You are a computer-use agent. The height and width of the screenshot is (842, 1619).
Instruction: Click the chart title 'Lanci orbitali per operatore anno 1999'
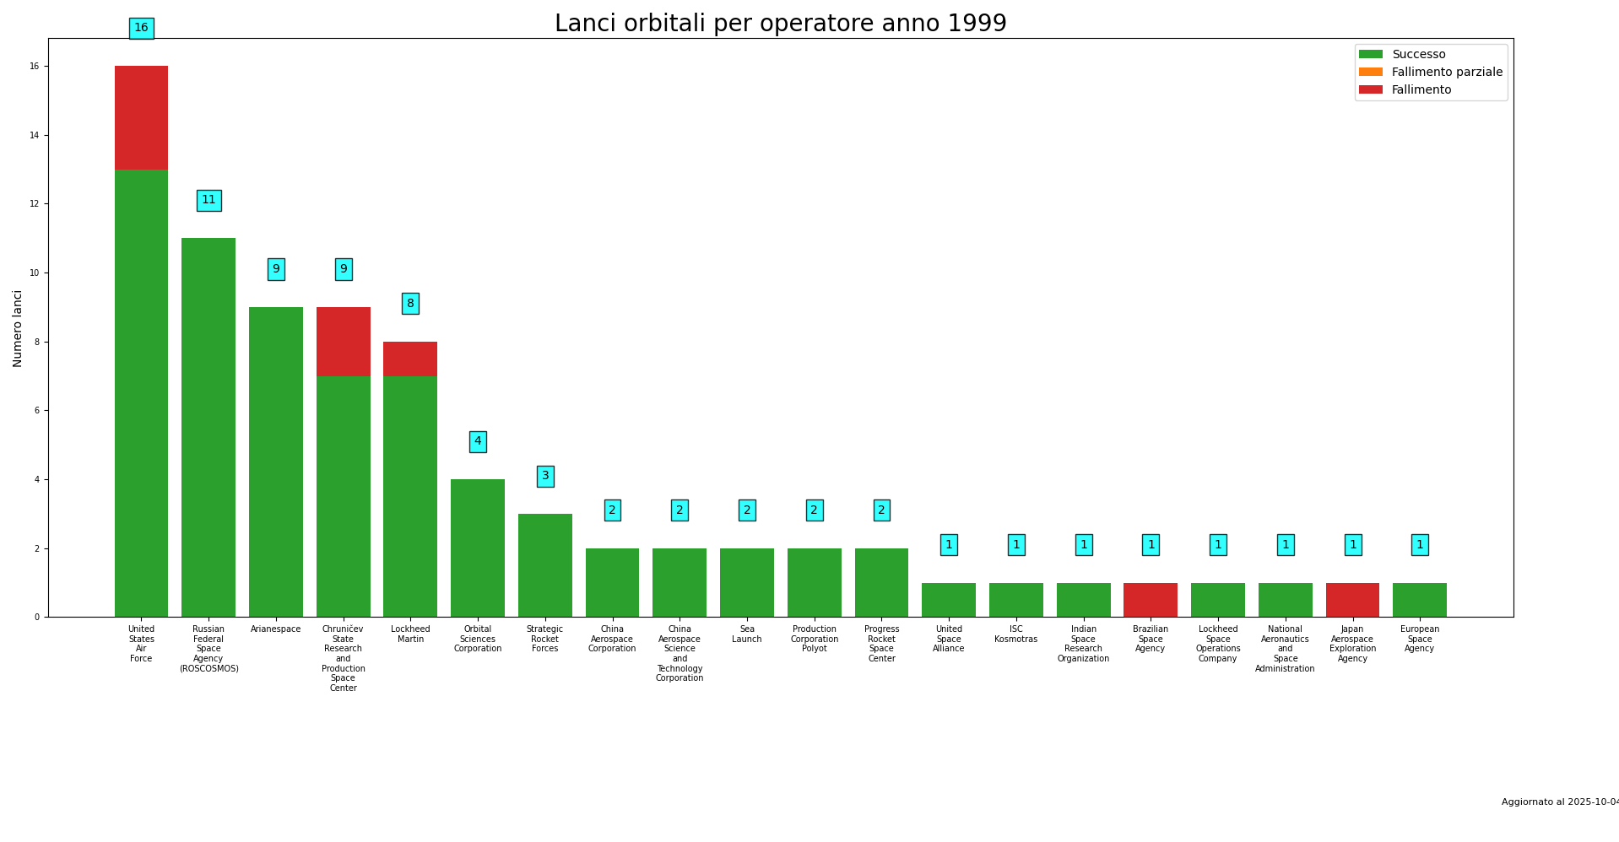[x=780, y=24]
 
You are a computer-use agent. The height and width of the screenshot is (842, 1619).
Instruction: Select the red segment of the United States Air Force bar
[x=141, y=117]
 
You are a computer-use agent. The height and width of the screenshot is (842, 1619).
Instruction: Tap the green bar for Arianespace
[x=275, y=461]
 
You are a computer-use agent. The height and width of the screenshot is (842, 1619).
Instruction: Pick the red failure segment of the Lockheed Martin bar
[x=410, y=359]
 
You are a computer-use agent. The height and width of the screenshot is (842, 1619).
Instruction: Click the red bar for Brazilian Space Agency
[x=1150, y=600]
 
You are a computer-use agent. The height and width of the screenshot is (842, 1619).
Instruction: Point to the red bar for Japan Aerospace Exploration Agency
[x=1352, y=600]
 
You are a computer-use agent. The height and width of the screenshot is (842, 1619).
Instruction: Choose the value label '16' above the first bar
[x=141, y=29]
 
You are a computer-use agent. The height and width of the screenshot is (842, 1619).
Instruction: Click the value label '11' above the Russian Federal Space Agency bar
[x=208, y=201]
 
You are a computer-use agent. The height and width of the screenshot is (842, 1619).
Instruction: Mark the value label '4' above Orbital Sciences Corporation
[x=478, y=441]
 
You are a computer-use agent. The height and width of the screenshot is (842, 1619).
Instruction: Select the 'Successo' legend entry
[x=1418, y=55]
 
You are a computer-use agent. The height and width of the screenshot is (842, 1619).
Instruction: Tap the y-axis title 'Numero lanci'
[x=18, y=328]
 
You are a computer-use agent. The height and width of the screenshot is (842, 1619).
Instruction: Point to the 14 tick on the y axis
[x=35, y=135]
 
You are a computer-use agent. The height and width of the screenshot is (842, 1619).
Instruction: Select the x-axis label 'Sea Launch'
[x=747, y=634]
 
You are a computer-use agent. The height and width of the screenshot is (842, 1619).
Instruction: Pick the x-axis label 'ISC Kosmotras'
[x=1015, y=634]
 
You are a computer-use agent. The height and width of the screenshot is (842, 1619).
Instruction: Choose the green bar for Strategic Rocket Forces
[x=544, y=565]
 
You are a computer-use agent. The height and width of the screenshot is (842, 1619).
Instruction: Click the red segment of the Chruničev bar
[x=343, y=342]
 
